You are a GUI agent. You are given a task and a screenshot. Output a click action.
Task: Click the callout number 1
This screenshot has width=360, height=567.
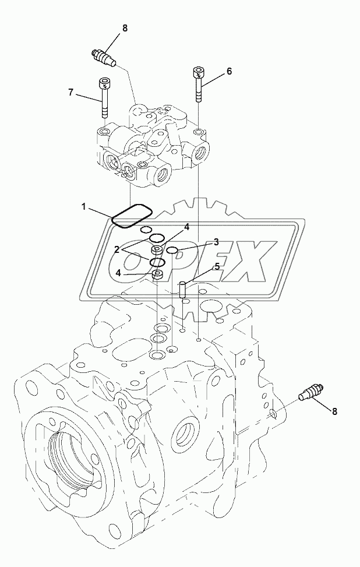tap(84, 206)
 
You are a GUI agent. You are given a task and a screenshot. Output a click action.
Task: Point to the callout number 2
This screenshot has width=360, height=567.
tap(117, 249)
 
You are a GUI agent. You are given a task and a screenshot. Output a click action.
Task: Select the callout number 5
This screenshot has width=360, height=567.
tap(217, 266)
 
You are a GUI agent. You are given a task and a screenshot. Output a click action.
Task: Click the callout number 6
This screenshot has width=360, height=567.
tap(229, 71)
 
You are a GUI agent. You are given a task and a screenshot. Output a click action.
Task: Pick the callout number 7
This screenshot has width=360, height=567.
tap(71, 91)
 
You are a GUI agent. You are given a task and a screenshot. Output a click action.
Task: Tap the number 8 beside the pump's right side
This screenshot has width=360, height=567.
tap(335, 411)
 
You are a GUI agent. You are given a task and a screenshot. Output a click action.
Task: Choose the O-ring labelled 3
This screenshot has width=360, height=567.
tap(172, 251)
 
